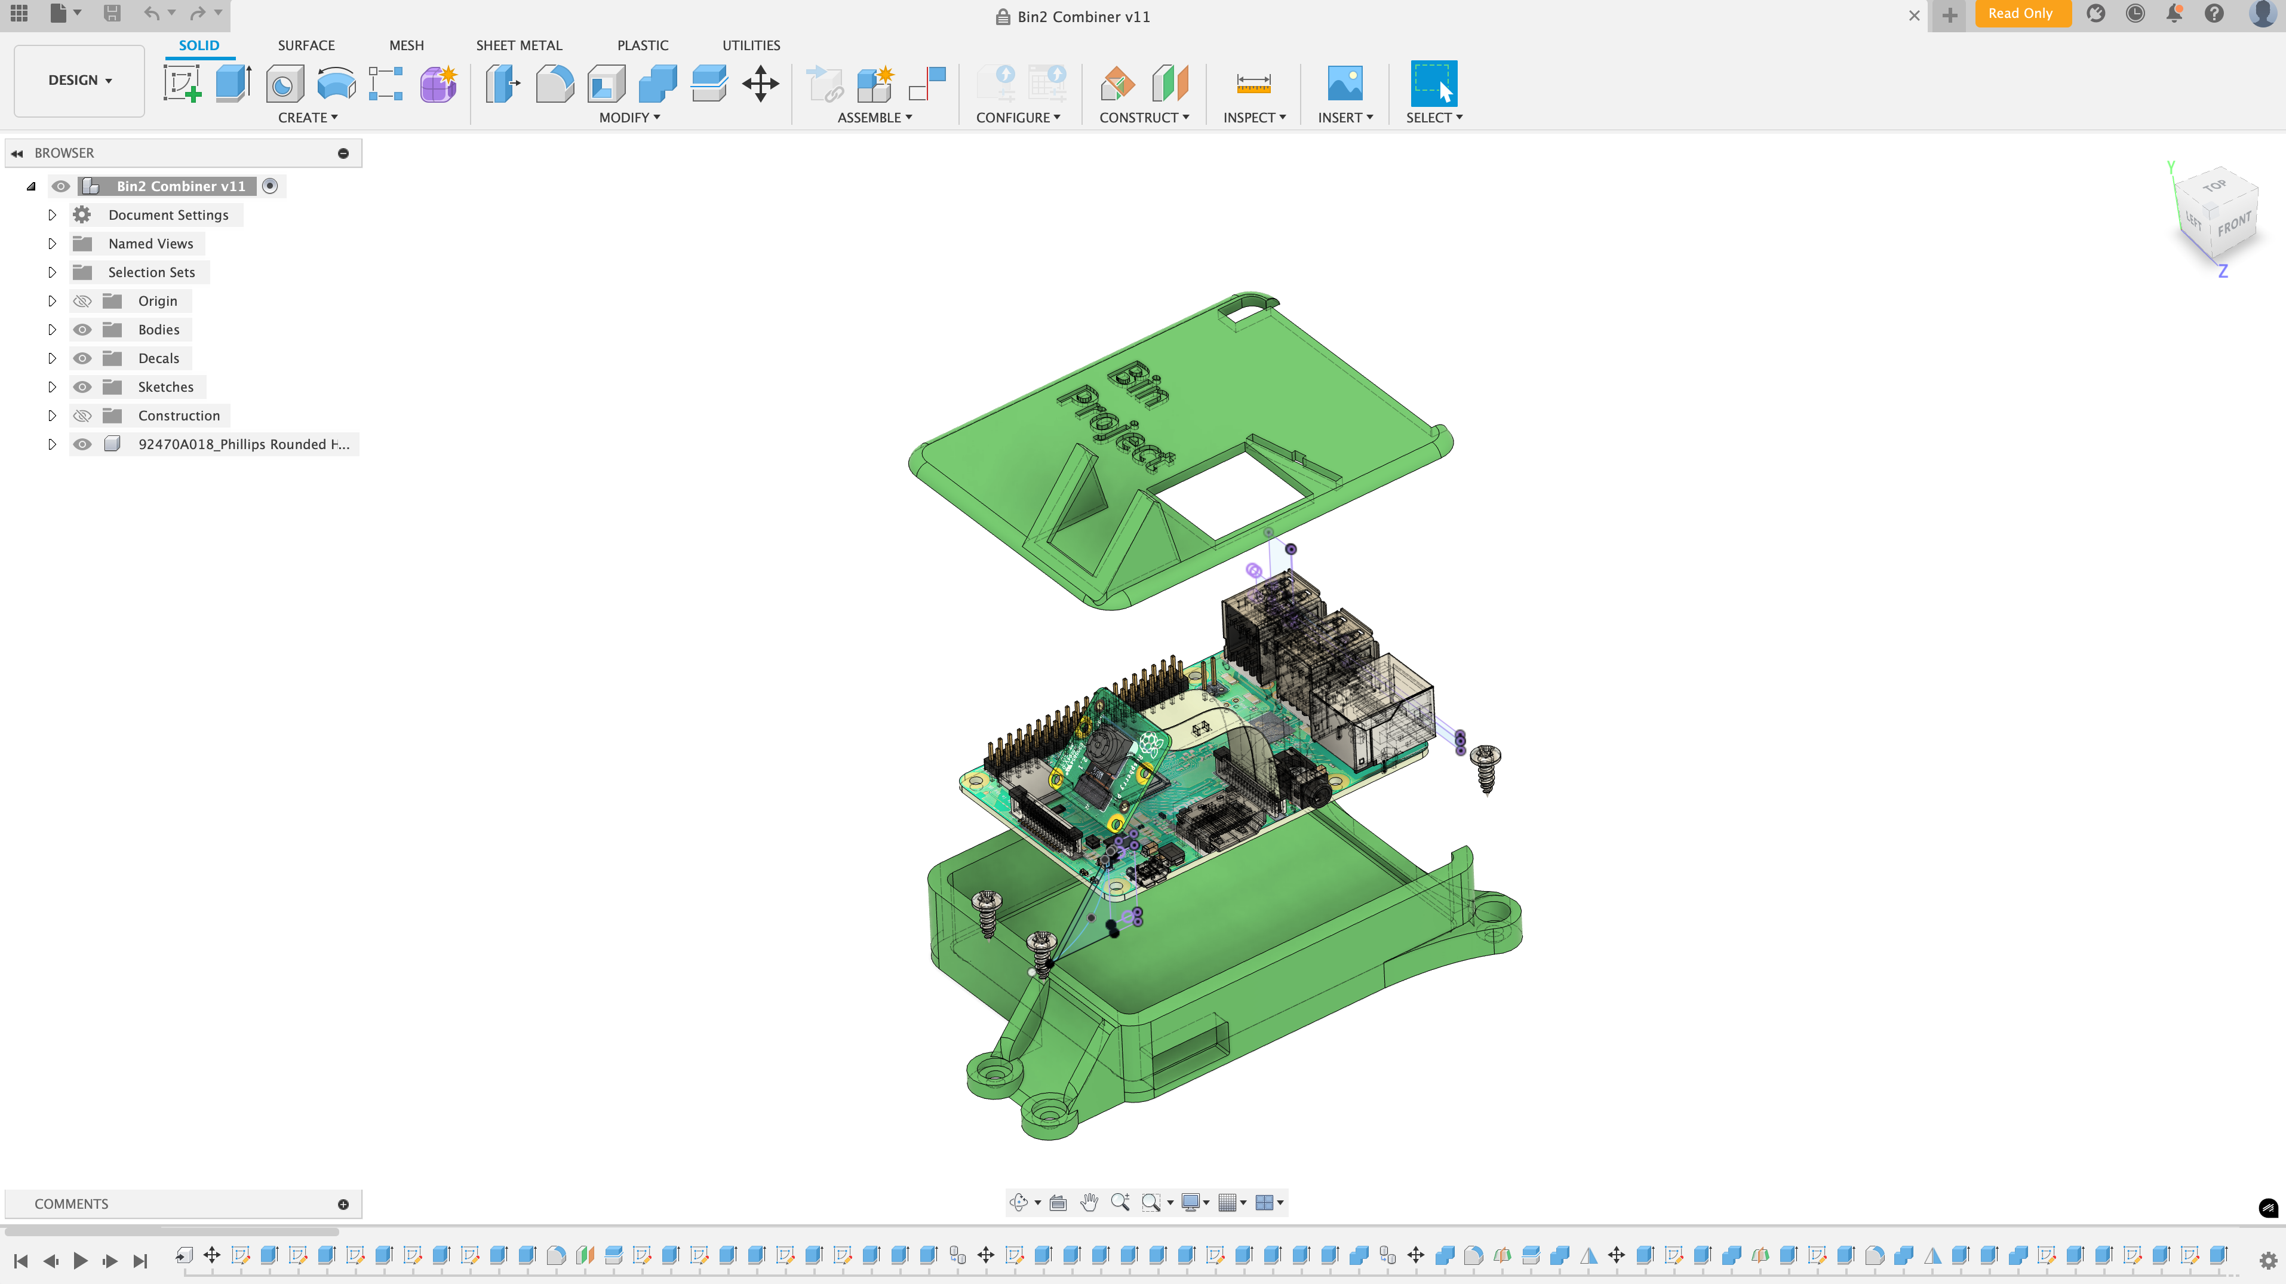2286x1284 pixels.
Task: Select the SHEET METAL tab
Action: click(x=518, y=45)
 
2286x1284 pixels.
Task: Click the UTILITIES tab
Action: click(x=751, y=45)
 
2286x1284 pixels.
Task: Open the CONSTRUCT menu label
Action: click(x=1143, y=117)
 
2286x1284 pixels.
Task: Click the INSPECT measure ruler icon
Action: click(x=1253, y=84)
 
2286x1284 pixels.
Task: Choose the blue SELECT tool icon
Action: click(x=1433, y=84)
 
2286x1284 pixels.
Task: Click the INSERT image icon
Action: click(x=1344, y=84)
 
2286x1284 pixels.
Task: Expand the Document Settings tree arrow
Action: click(x=51, y=215)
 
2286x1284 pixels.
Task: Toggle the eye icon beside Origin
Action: click(x=82, y=301)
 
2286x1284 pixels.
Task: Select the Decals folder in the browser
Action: click(x=158, y=358)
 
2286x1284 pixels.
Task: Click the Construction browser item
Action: click(x=179, y=415)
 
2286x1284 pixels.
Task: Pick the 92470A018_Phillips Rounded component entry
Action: click(x=243, y=444)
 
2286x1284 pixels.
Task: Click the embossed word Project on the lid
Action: click(x=1120, y=429)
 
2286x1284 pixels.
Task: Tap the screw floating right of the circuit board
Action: click(x=1486, y=767)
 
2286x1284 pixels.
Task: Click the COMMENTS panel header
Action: click(x=71, y=1204)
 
